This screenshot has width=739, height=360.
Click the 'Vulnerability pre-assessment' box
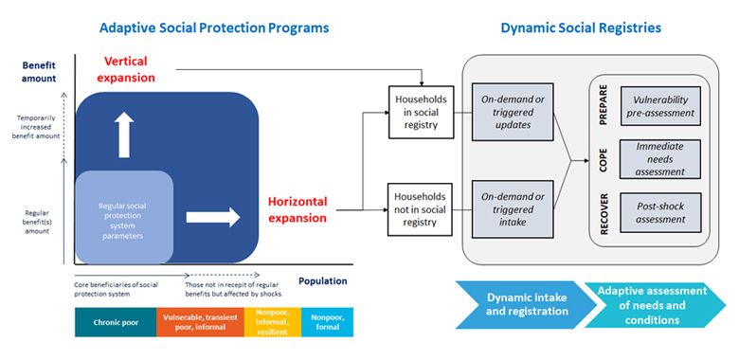[x=660, y=106]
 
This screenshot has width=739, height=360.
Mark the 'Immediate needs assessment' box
[x=660, y=158]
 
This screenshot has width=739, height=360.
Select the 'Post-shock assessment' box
[x=660, y=212]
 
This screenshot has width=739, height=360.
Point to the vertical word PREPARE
[x=604, y=106]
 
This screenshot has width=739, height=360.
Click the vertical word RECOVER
[x=604, y=212]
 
